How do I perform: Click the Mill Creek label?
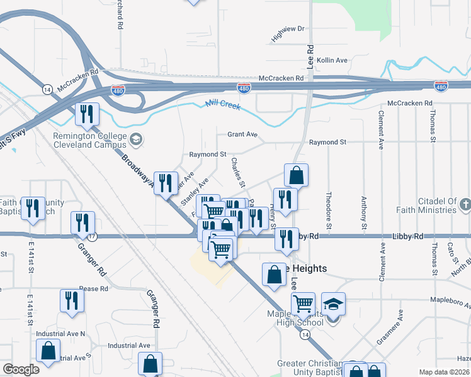click(x=223, y=105)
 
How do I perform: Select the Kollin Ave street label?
click(x=332, y=60)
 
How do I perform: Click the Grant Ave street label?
click(x=242, y=134)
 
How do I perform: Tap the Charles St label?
click(x=237, y=168)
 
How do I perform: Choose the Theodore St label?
click(x=329, y=207)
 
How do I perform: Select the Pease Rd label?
click(x=94, y=289)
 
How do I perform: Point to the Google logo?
click(x=21, y=369)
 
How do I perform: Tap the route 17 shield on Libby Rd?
click(x=92, y=236)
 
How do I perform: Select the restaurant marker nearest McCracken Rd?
click(x=87, y=114)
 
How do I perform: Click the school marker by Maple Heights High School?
click(x=333, y=305)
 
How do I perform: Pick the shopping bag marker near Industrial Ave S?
click(x=48, y=352)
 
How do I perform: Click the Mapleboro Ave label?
click(x=451, y=302)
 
